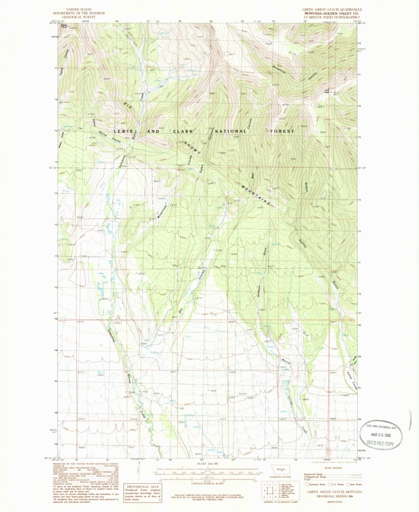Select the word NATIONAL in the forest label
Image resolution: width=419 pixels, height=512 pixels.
tap(237, 132)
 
